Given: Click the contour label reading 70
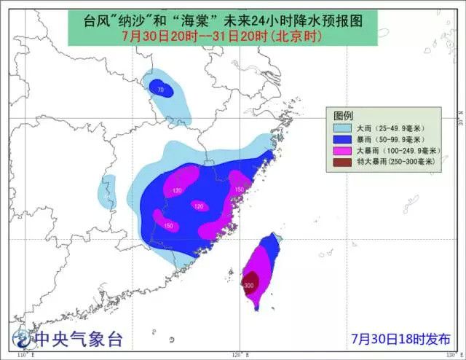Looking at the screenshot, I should (160, 90).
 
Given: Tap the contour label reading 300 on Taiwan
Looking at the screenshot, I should (250, 285).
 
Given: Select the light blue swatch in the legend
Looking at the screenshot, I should (342, 128).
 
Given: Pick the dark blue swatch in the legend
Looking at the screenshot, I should (342, 138).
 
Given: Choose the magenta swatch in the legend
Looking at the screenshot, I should (342, 149).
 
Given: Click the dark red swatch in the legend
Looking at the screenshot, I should (342, 160).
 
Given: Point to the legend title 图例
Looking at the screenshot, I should (344, 117).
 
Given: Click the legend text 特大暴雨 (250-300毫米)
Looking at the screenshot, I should (395, 160).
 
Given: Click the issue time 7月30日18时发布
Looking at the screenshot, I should (400, 339).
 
